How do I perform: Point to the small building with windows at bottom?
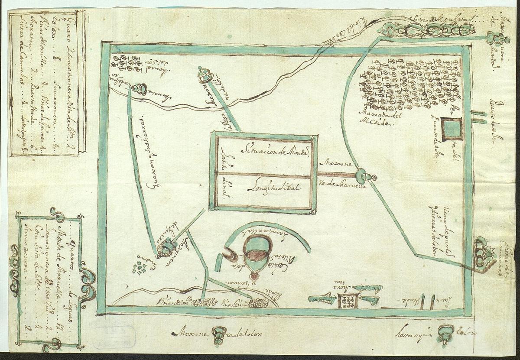[x=348, y=300]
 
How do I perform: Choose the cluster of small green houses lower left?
[x=140, y=269]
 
